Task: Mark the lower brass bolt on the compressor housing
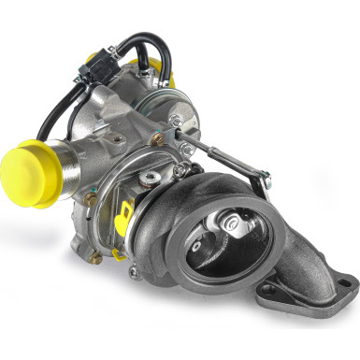click(x=89, y=198)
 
